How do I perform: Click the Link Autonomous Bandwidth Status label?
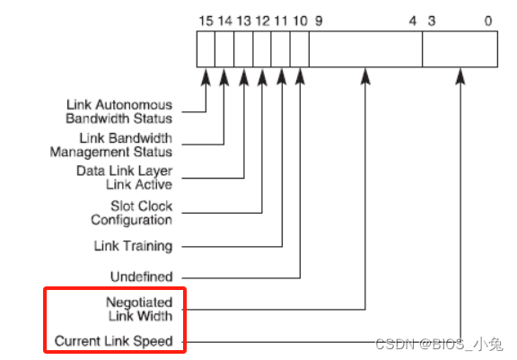tap(118, 111)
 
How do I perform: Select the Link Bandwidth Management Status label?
tap(123, 145)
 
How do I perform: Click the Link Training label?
tap(133, 245)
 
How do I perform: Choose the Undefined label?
tap(142, 277)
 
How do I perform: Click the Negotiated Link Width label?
tap(138, 309)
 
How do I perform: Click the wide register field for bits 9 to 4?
tap(365, 49)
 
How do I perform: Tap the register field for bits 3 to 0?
tap(460, 49)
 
